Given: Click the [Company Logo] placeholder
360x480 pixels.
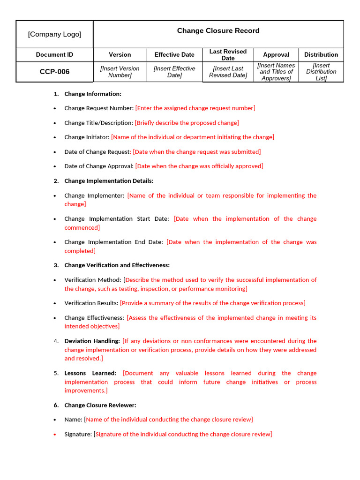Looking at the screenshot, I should [x=54, y=34].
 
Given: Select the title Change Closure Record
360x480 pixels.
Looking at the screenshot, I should [x=218, y=31].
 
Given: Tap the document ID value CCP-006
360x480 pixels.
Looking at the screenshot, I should [x=54, y=72].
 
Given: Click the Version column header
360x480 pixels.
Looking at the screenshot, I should [x=120, y=55].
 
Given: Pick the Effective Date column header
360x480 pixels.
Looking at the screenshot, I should [x=174, y=55].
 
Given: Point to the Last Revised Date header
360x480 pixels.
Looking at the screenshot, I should [x=228, y=55].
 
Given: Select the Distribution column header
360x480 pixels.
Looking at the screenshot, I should [x=321, y=55].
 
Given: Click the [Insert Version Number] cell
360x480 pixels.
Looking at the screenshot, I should [x=120, y=72].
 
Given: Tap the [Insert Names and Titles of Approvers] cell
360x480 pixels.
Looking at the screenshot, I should [x=276, y=72].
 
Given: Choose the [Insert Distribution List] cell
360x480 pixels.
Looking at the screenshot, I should [x=321, y=72].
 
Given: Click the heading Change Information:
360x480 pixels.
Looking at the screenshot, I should [x=93, y=94].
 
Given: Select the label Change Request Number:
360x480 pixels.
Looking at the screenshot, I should [x=99, y=108].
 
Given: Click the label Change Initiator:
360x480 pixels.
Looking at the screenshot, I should [x=87, y=137].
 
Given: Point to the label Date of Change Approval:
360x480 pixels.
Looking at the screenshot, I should [x=99, y=166].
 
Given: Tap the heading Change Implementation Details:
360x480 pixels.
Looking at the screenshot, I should [x=109, y=181].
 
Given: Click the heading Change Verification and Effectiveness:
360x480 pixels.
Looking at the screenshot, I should [x=117, y=265].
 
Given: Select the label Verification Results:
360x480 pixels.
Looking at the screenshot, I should [x=91, y=303].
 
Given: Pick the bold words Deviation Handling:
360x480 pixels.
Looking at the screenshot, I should [x=92, y=341].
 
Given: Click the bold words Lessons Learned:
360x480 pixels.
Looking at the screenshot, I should [x=90, y=374].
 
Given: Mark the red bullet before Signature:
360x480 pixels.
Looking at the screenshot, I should [x=55, y=435].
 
